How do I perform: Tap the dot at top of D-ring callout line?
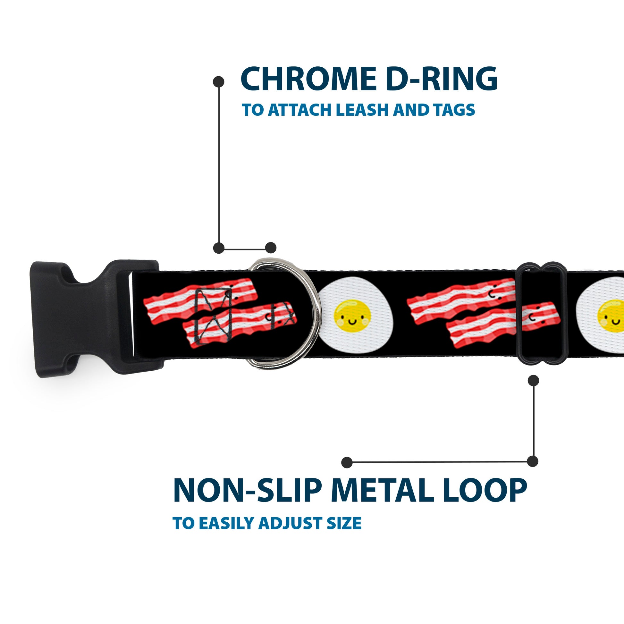point(219,82)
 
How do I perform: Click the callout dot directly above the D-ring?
point(271,248)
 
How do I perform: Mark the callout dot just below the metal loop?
point(533,381)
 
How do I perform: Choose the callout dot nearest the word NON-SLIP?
point(347,462)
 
